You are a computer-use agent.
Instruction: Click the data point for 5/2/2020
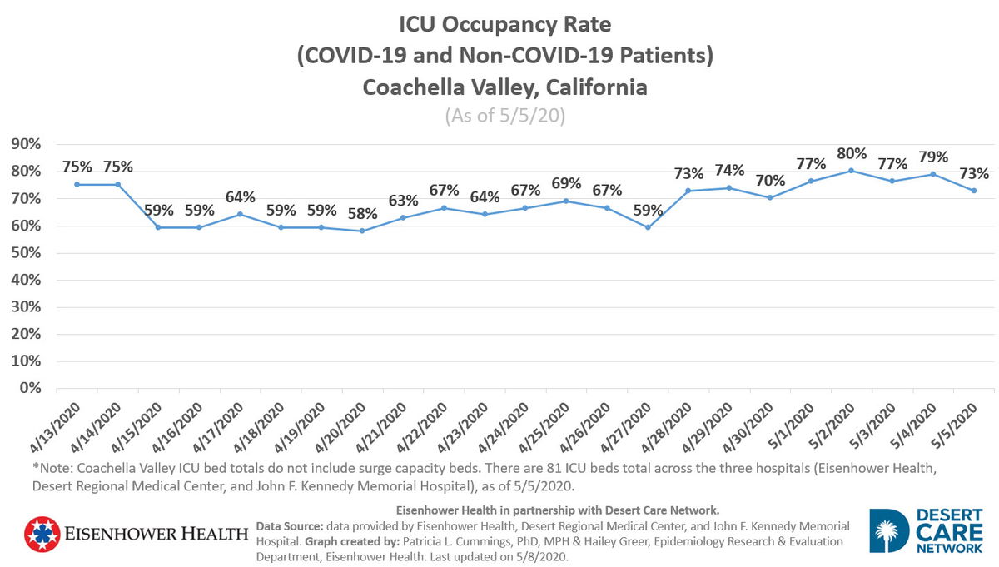click(x=851, y=171)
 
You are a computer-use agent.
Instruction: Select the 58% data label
click(x=362, y=214)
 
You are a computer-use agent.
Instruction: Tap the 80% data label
click(x=851, y=154)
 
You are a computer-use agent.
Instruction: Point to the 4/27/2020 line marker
click(x=647, y=227)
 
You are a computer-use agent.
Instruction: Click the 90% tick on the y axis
click(x=26, y=145)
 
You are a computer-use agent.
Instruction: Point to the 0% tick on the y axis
click(x=30, y=389)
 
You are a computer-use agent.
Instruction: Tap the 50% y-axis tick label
click(x=26, y=253)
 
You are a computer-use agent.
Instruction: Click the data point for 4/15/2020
click(x=158, y=227)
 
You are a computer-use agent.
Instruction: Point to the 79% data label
click(x=932, y=157)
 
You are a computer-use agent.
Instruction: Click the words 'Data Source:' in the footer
click(x=289, y=526)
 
